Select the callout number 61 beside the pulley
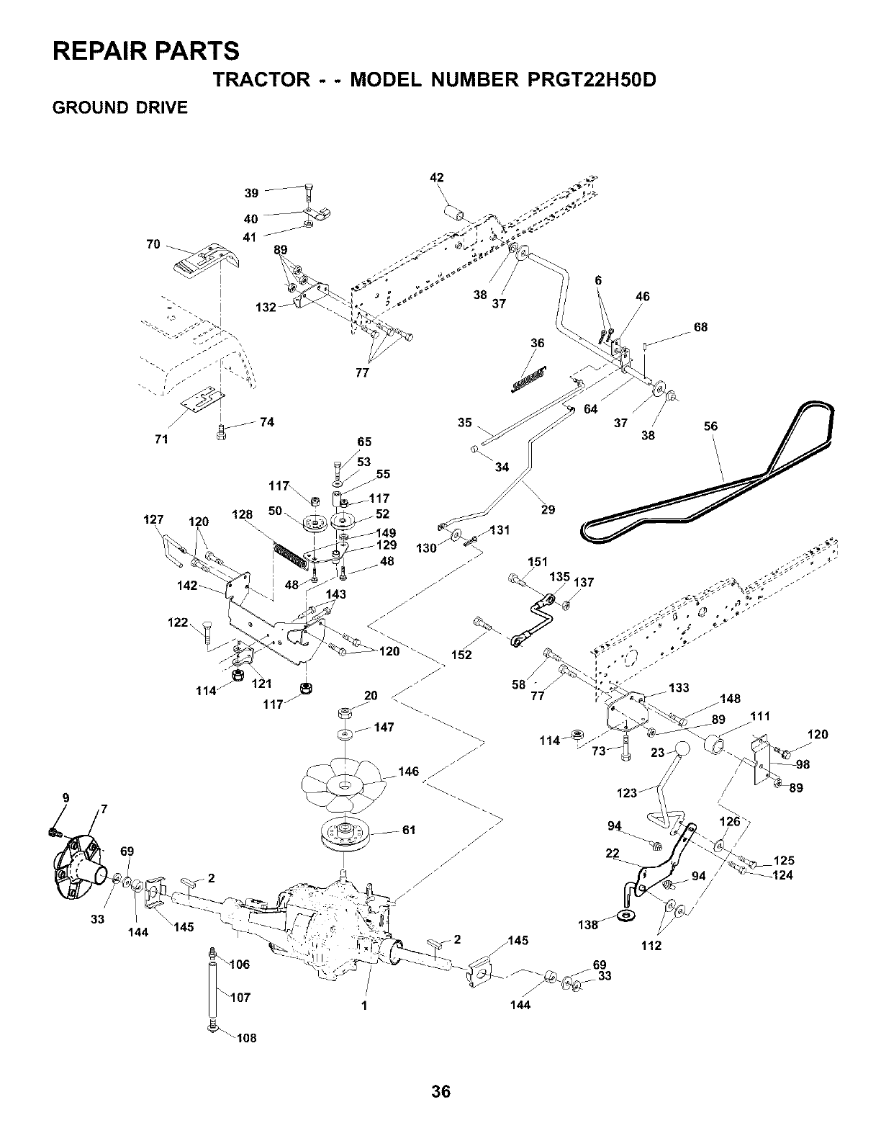(x=409, y=830)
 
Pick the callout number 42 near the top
(x=437, y=177)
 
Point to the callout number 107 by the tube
(x=240, y=997)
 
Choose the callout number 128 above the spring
(x=242, y=514)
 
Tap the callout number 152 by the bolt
(x=462, y=655)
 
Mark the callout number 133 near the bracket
(x=679, y=688)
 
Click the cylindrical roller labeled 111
(x=716, y=745)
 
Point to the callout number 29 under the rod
(x=548, y=509)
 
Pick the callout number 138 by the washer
(x=587, y=925)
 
